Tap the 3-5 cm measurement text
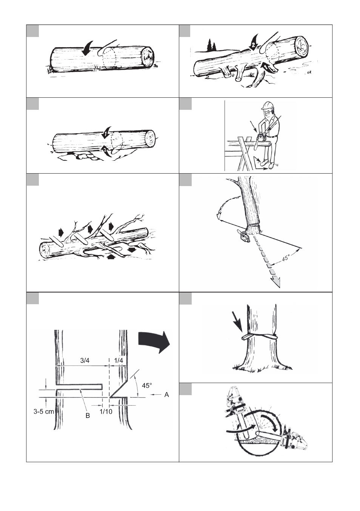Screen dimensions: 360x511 point(43,411)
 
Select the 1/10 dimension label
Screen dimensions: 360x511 point(106,411)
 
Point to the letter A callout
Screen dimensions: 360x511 point(166,394)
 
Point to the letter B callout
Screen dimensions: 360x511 point(88,416)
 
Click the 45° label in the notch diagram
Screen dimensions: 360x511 point(147,385)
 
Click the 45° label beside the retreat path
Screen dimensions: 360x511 point(286,258)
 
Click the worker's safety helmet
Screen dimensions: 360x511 point(268,106)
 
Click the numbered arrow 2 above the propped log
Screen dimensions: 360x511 point(254,42)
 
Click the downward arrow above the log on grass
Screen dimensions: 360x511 point(88,48)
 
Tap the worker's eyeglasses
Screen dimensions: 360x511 point(266,113)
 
